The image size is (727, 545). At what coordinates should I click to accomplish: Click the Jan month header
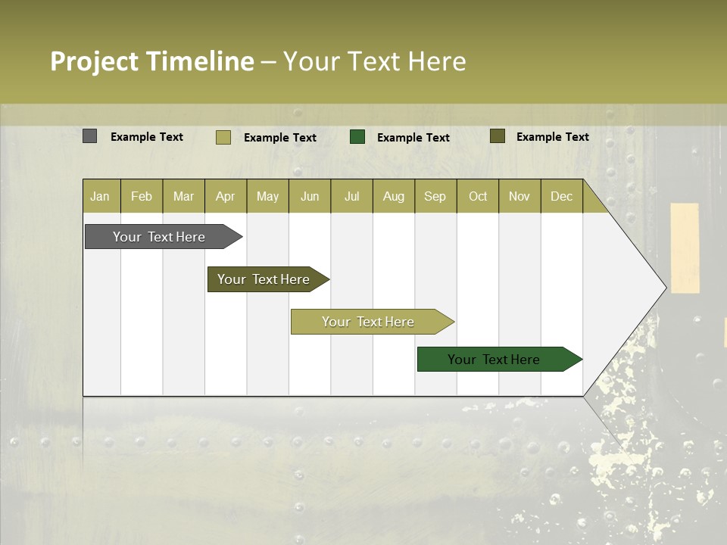(100, 197)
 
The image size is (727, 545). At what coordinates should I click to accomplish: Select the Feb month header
(142, 197)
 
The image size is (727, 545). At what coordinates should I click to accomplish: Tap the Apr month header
(225, 197)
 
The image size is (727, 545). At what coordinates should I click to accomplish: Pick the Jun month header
(310, 197)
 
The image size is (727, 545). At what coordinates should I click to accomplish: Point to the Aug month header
(393, 197)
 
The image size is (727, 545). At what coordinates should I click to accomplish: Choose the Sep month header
(435, 197)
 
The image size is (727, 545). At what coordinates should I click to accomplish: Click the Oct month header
(478, 197)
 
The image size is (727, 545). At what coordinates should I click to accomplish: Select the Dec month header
(561, 197)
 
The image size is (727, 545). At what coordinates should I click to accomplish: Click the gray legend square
(89, 136)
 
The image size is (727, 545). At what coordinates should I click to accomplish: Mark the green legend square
(357, 137)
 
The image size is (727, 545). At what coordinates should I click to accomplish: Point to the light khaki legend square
(223, 137)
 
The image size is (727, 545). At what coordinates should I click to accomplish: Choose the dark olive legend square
(497, 136)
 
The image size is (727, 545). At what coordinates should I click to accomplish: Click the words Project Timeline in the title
(152, 61)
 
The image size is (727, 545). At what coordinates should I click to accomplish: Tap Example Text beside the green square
(413, 138)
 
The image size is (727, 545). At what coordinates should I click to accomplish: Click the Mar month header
(183, 197)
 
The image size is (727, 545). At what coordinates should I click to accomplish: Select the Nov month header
(520, 197)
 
